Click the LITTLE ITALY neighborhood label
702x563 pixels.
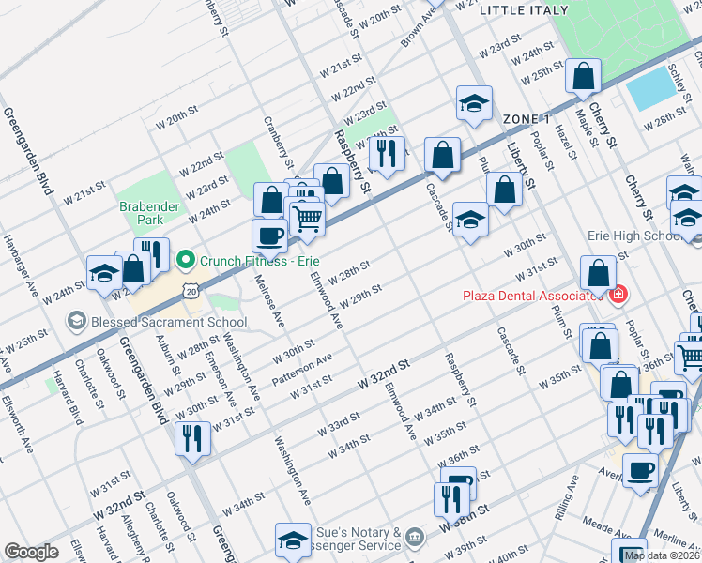(x=524, y=10)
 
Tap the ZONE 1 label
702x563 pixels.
(x=526, y=119)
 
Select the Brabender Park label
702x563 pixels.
(x=141, y=214)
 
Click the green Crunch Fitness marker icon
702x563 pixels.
(x=186, y=259)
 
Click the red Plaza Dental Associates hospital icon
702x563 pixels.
(x=618, y=296)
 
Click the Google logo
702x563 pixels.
(x=31, y=552)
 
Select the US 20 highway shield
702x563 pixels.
(x=191, y=292)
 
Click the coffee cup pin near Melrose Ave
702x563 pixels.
(x=269, y=236)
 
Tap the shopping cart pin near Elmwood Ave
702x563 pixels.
(x=308, y=220)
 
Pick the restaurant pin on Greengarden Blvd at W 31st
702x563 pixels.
(x=192, y=438)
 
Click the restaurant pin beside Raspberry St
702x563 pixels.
(x=387, y=153)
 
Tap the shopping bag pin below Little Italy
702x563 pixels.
(x=583, y=77)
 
